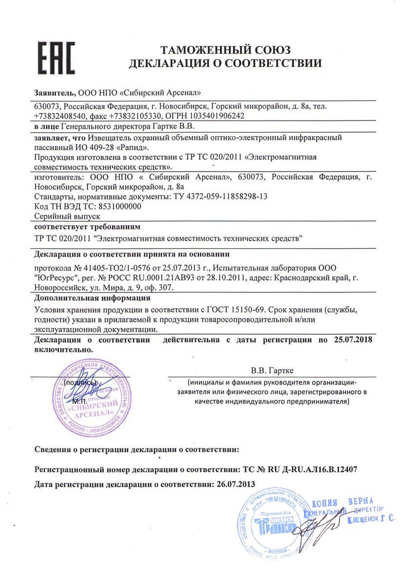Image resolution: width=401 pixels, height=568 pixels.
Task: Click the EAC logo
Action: click(x=56, y=57)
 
